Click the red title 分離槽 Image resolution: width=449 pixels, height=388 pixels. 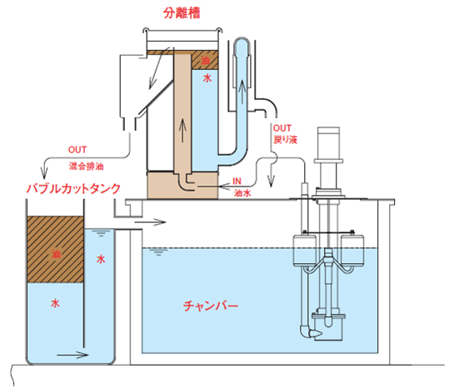click(182, 12)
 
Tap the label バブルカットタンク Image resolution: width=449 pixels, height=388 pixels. click(73, 188)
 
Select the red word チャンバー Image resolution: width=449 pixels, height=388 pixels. click(211, 306)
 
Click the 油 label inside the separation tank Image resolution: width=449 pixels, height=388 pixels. click(205, 61)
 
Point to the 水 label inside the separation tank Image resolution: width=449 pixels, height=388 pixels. click(207, 77)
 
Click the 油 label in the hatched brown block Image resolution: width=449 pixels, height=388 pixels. click(56, 254)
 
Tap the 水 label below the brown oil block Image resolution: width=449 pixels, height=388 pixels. click(55, 303)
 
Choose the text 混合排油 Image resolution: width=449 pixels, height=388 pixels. click(86, 167)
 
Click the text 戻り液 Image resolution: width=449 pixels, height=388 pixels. click(286, 140)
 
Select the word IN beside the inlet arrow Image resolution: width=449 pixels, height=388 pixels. click(237, 182)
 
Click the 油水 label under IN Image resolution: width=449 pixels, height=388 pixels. click(242, 193)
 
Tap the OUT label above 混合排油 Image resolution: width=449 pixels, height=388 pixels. click(77, 150)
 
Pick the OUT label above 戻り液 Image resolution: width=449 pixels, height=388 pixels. click(282, 128)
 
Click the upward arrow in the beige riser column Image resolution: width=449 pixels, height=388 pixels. click(182, 131)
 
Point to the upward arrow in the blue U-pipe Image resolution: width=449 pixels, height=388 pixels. click(242, 92)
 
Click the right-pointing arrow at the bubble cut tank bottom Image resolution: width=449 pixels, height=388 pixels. click(72, 355)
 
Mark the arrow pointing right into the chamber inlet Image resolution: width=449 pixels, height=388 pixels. click(150, 221)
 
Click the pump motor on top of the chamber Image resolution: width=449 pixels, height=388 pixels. click(328, 144)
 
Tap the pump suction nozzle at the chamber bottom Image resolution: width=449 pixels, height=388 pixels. click(314, 333)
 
